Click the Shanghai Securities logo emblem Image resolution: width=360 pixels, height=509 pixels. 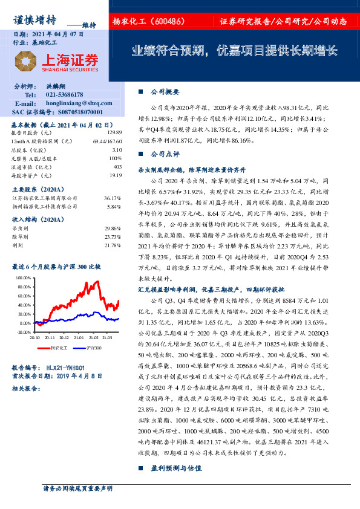point(25,61)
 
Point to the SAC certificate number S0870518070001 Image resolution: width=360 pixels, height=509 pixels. point(74,112)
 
